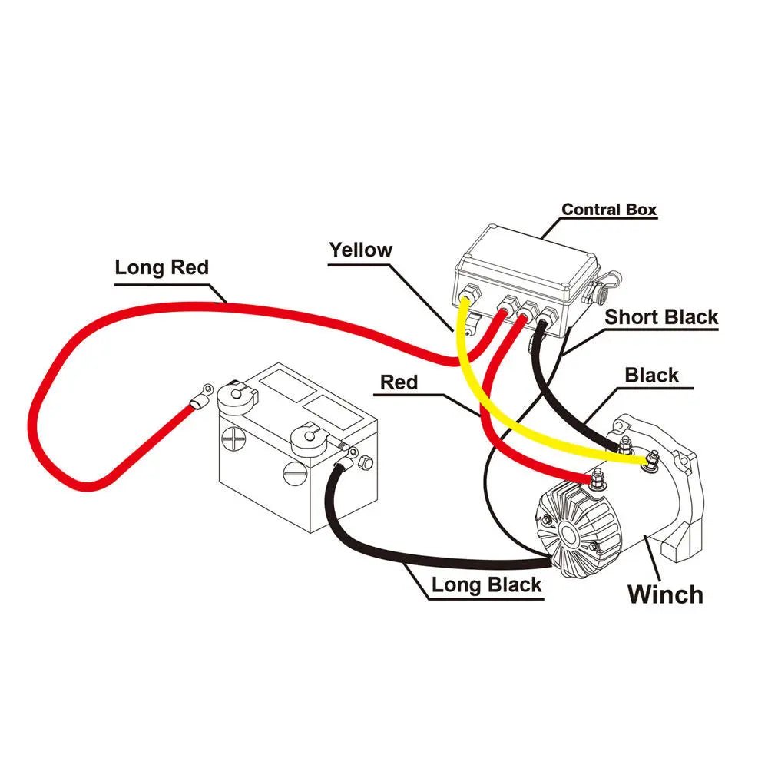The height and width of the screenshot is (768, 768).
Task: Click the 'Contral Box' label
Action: [x=609, y=209]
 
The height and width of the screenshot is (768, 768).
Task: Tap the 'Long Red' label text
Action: [x=161, y=268]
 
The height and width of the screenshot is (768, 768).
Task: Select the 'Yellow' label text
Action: [x=360, y=250]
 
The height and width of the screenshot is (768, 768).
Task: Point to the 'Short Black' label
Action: [x=661, y=316]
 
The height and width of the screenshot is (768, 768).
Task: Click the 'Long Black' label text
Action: [x=486, y=584]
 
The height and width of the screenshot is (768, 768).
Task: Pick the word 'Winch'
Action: [x=665, y=594]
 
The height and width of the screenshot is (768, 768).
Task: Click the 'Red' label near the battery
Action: [x=399, y=382]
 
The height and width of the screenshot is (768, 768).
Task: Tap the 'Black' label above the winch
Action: [x=651, y=375]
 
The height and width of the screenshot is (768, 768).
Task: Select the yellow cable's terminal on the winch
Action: [x=651, y=461]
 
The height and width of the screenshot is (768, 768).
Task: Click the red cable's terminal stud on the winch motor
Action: [x=595, y=480]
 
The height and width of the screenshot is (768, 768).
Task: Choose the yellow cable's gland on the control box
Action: [x=468, y=293]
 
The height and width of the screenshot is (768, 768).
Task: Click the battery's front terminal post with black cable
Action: [x=308, y=438]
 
